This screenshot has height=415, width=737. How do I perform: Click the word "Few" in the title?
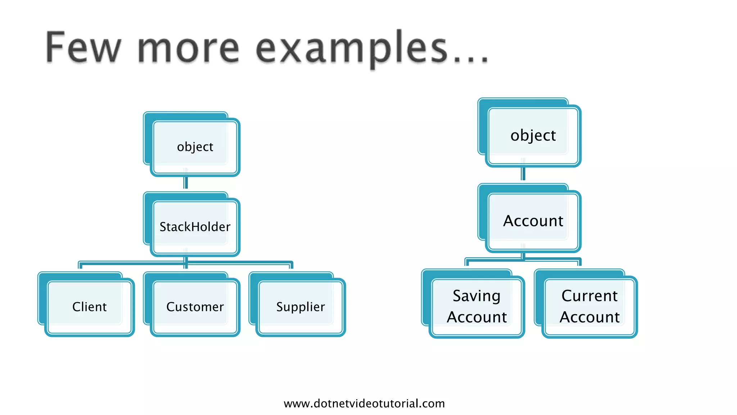pos(83,48)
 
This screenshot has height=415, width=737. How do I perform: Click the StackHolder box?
pos(195,227)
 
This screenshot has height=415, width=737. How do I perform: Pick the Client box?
pos(89,307)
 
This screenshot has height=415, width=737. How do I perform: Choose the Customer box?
pos(195,307)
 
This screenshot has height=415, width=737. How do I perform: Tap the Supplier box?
pos(300,307)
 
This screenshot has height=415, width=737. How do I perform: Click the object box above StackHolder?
pos(195,147)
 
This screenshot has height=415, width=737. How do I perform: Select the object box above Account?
pos(533,135)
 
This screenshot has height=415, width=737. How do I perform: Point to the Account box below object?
pos(533,221)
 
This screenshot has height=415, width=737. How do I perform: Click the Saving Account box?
pos(476,306)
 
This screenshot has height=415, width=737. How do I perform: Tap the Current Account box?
pos(589,306)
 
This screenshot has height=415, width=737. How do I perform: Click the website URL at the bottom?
pos(364,403)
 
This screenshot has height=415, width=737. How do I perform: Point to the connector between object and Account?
pos(523,174)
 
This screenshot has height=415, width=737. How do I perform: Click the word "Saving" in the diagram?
pos(476,296)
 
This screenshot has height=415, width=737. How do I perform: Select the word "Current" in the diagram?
pos(589,296)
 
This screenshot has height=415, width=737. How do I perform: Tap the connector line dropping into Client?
pos(80,265)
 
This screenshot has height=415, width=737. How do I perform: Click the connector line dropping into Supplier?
pos(291,265)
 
